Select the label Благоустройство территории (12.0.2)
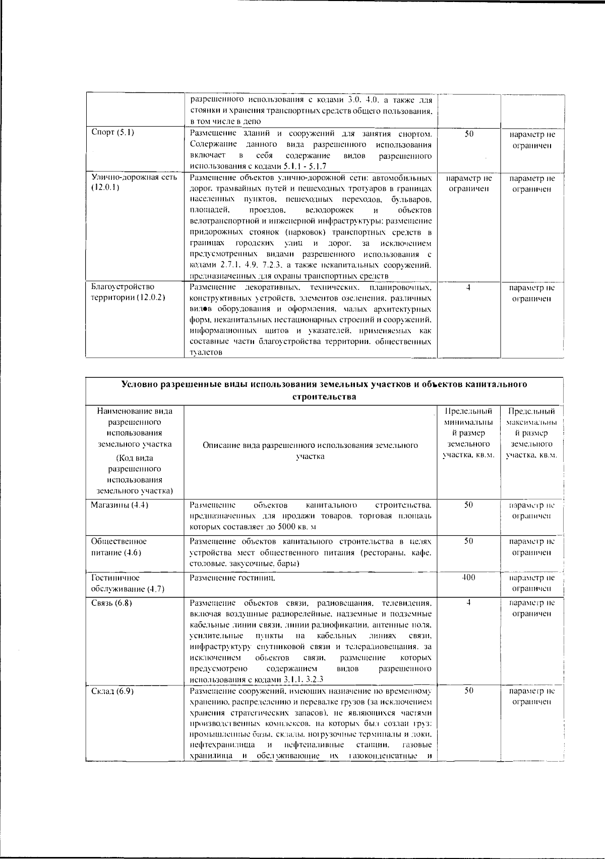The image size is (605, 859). (128, 292)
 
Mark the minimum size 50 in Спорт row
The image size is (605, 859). (468, 134)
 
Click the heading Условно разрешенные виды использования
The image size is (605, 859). (324, 390)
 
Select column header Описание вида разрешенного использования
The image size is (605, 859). (310, 451)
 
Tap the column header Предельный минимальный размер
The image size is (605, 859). (468, 433)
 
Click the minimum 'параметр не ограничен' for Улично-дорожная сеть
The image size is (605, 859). (468, 184)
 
